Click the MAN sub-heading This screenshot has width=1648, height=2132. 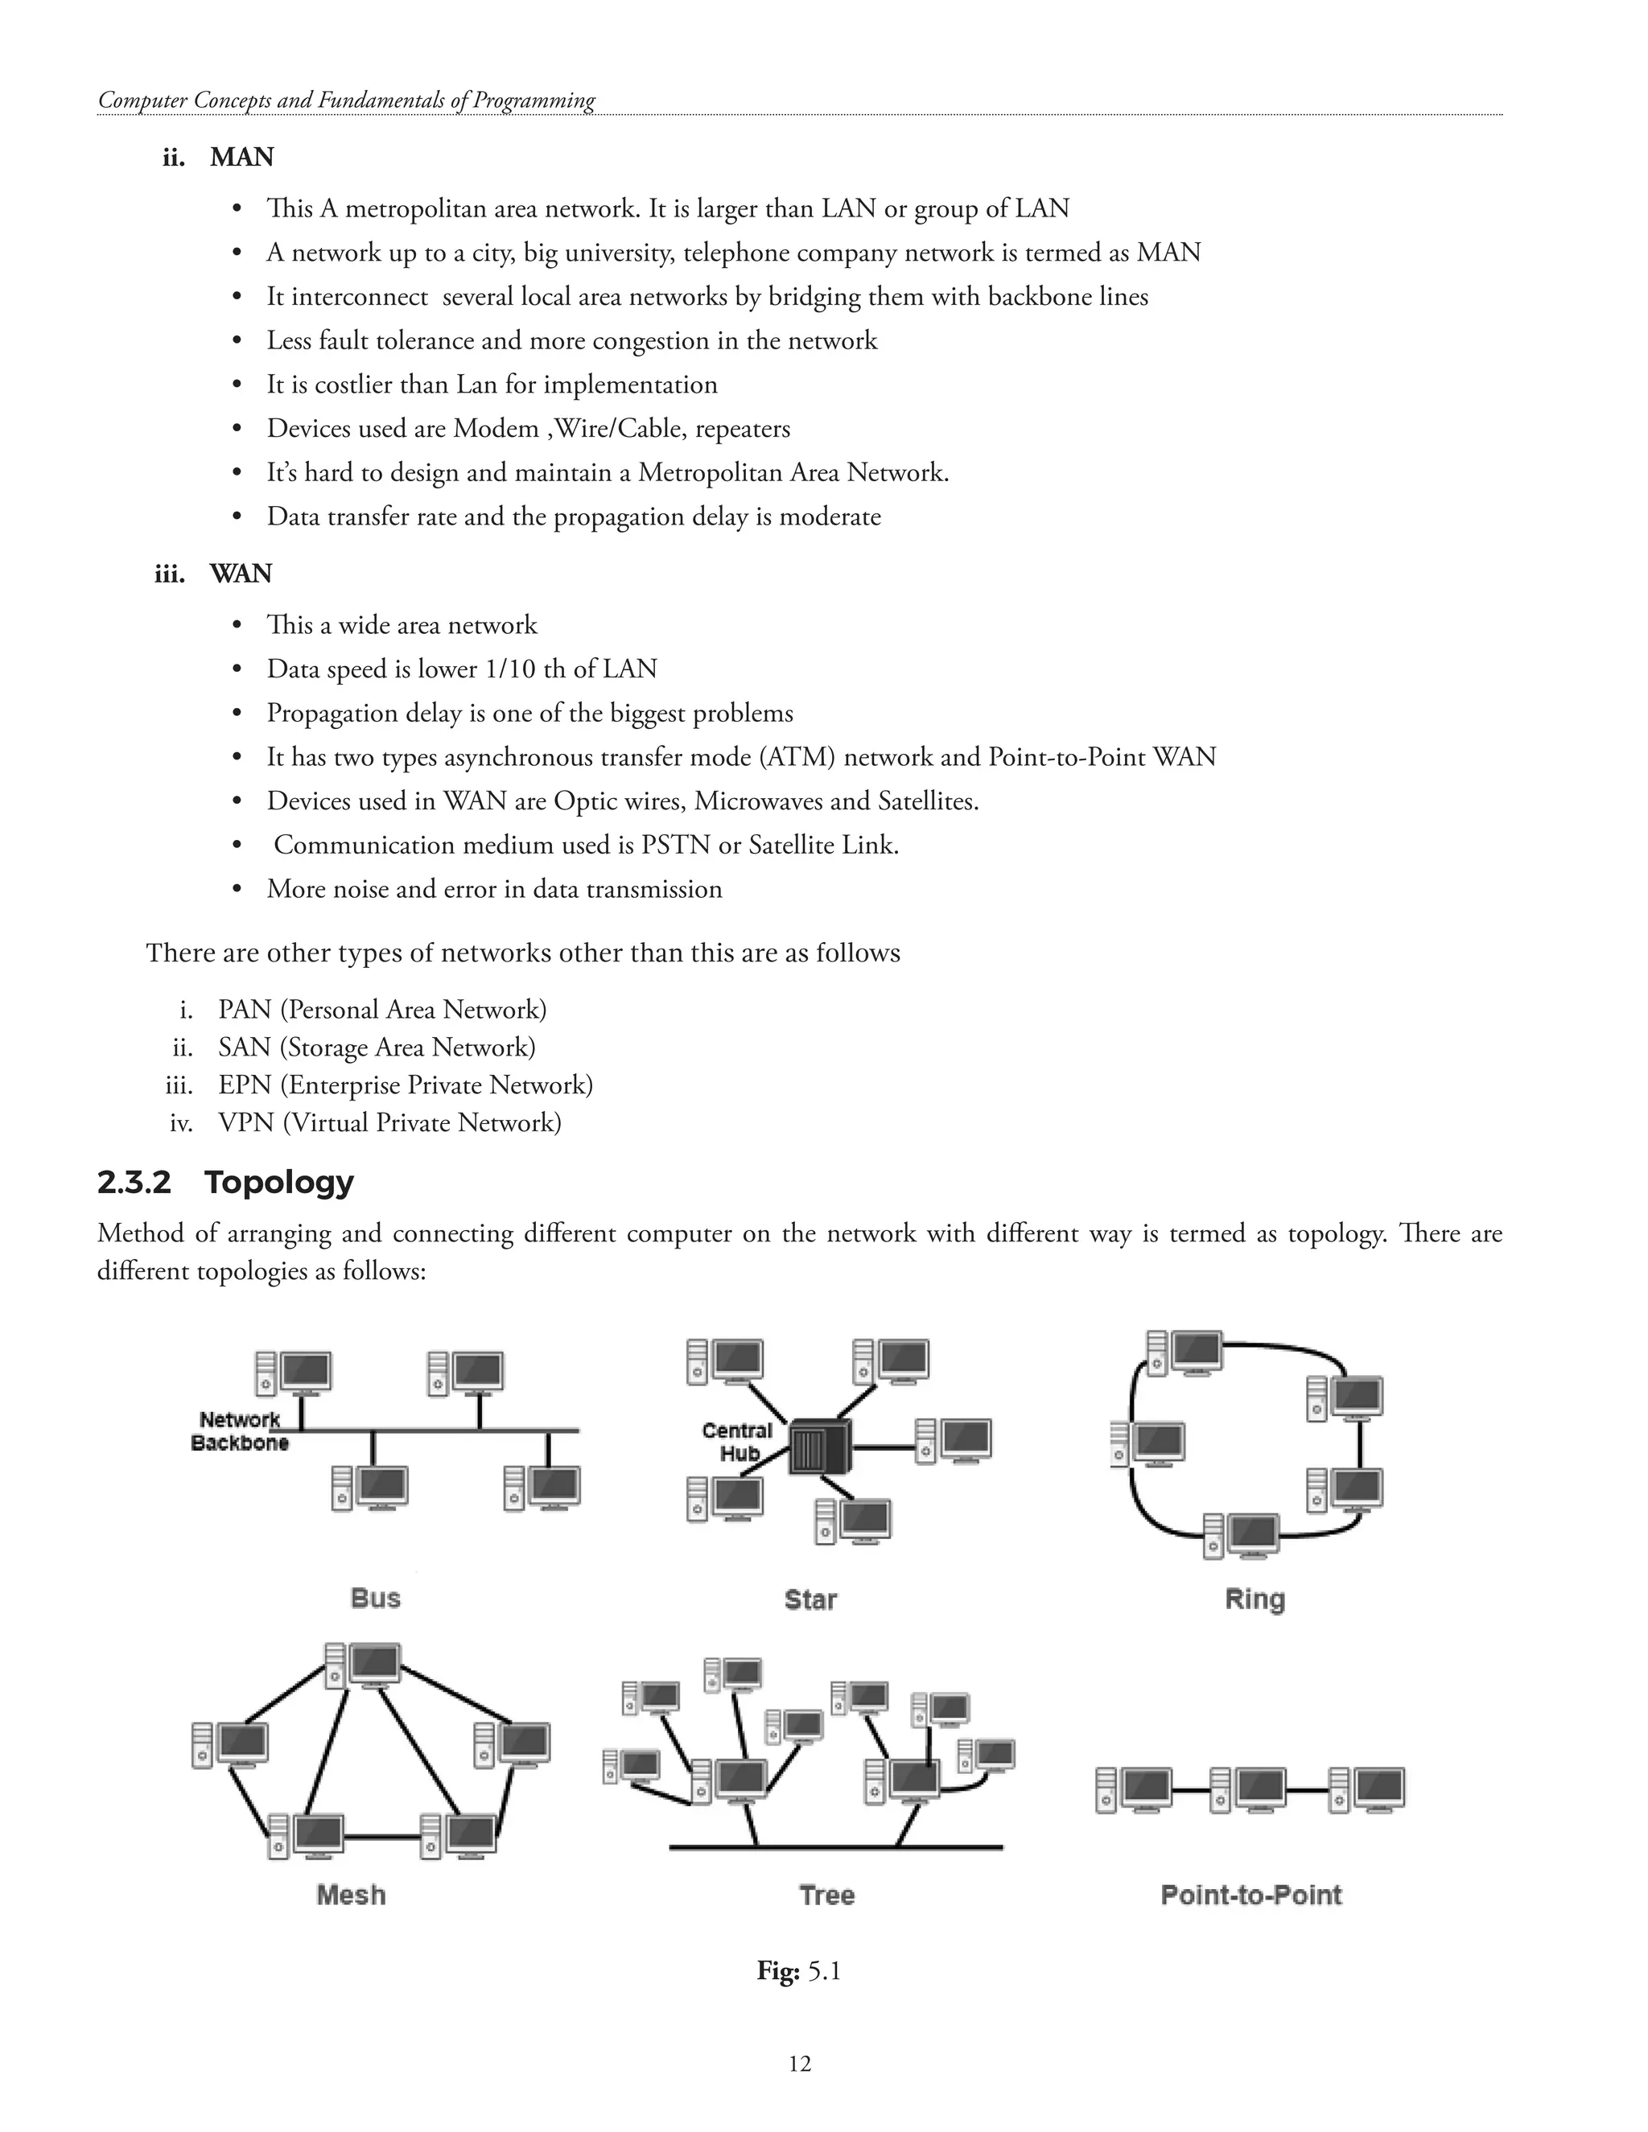coord(241,157)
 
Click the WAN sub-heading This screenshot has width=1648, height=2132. coord(240,573)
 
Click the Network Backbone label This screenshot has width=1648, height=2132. coord(239,1431)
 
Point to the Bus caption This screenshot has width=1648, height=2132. coord(375,1598)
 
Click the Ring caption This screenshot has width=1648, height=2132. coord(1255,1599)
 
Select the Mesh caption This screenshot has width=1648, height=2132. coord(351,1895)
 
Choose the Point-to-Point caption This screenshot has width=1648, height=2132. coord(1250,1895)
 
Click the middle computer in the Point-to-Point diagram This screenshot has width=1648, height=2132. coord(1249,1790)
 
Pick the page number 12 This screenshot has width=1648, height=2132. coord(800,2063)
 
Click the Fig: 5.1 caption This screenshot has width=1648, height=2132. coord(798,1971)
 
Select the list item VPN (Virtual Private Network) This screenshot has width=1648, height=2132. coord(389,1122)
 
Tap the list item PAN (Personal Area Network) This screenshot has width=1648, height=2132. coord(381,1010)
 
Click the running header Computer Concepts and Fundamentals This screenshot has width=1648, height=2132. coord(347,100)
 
